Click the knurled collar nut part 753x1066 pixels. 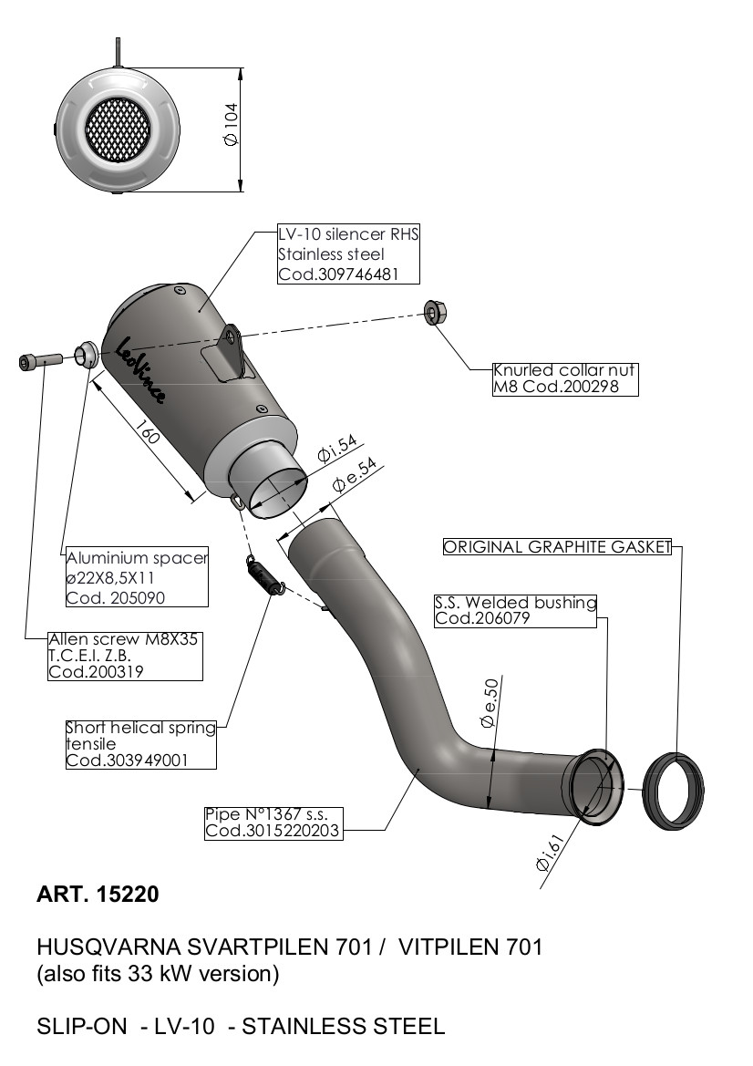point(434,313)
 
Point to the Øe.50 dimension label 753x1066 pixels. point(490,705)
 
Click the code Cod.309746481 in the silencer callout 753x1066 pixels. point(335,274)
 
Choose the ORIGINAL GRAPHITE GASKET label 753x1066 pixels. point(557,547)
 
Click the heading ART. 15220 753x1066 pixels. point(98,895)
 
